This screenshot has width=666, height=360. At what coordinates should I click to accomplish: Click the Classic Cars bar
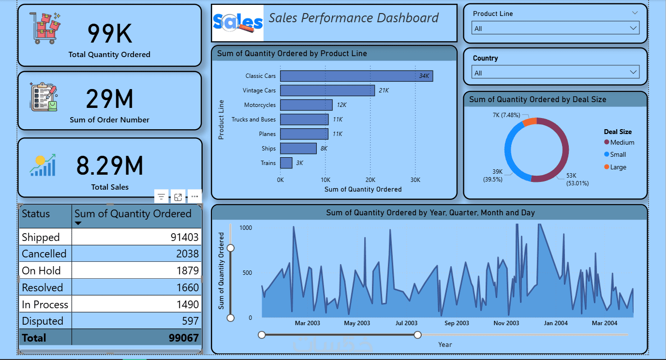356,76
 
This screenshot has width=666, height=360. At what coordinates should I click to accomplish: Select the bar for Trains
286,163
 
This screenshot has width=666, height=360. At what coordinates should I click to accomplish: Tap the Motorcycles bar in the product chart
306,105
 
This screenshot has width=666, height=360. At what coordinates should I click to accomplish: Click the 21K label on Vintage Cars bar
384,90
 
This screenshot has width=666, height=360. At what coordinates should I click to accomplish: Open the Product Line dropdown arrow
634,28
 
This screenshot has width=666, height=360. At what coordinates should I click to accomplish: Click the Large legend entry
618,167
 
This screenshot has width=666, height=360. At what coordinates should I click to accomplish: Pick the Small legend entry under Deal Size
618,154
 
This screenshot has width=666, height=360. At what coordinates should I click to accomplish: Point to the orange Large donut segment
529,121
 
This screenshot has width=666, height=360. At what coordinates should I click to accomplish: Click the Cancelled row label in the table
44,254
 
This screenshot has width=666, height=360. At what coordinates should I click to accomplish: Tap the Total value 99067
183,338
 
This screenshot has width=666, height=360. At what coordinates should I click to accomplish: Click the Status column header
36,214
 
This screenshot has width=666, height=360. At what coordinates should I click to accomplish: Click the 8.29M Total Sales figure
110,165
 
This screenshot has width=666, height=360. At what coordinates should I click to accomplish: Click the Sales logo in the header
238,22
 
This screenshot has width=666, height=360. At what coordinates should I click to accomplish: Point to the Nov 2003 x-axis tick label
506,323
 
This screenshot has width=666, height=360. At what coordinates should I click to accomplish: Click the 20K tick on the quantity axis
370,180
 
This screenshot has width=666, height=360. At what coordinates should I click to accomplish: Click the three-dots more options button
194,196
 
